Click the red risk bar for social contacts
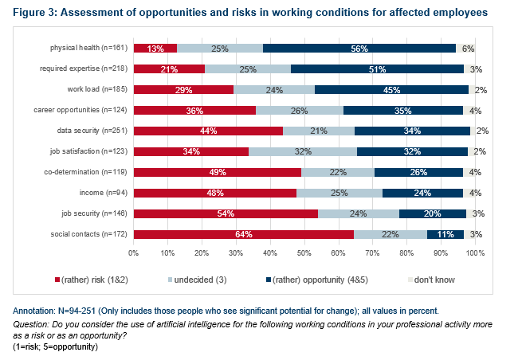(x=243, y=234)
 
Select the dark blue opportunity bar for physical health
(x=359, y=48)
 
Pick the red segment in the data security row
(x=208, y=131)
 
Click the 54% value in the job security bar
(x=226, y=213)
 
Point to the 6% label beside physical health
(x=469, y=49)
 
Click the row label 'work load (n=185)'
(x=97, y=89)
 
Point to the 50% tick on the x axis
(x=304, y=252)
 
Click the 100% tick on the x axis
(x=475, y=252)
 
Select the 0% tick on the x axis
(x=134, y=252)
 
